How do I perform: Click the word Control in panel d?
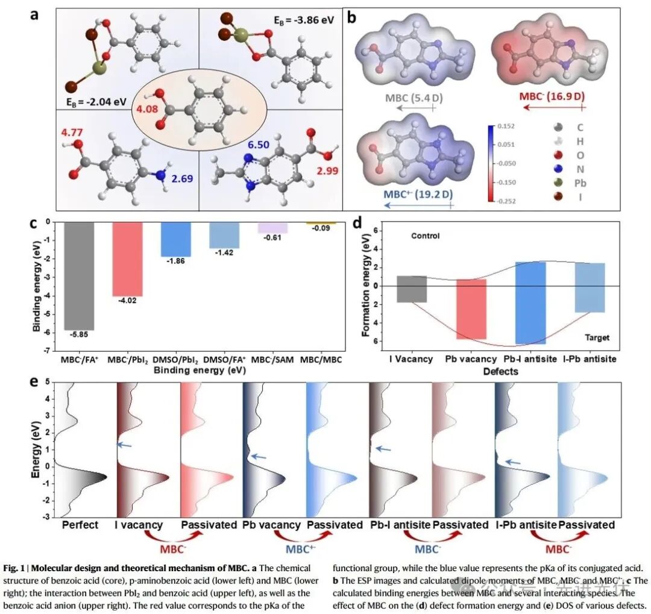click(x=426, y=236)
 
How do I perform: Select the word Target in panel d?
click(x=597, y=337)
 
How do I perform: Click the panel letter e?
click(x=36, y=382)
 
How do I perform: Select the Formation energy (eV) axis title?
click(x=366, y=285)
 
